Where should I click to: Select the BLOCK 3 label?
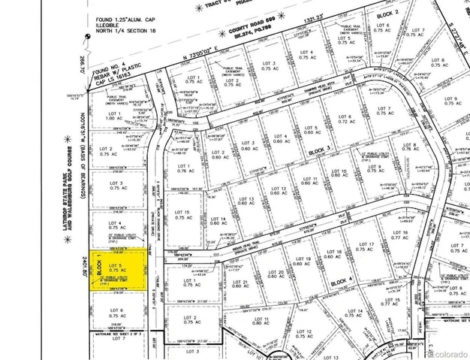click(319, 150)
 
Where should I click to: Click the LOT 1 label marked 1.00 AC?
click(114, 116)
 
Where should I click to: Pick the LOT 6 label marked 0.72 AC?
click(345, 119)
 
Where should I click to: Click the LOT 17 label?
click(367, 249)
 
